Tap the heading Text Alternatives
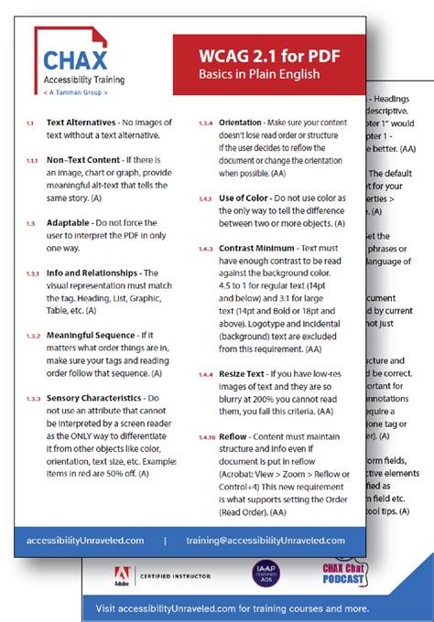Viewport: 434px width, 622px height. pyautogui.click(x=81, y=122)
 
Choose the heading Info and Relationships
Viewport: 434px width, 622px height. pyautogui.click(x=92, y=272)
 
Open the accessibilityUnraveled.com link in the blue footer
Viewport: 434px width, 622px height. pyautogui.click(x=86, y=540)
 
